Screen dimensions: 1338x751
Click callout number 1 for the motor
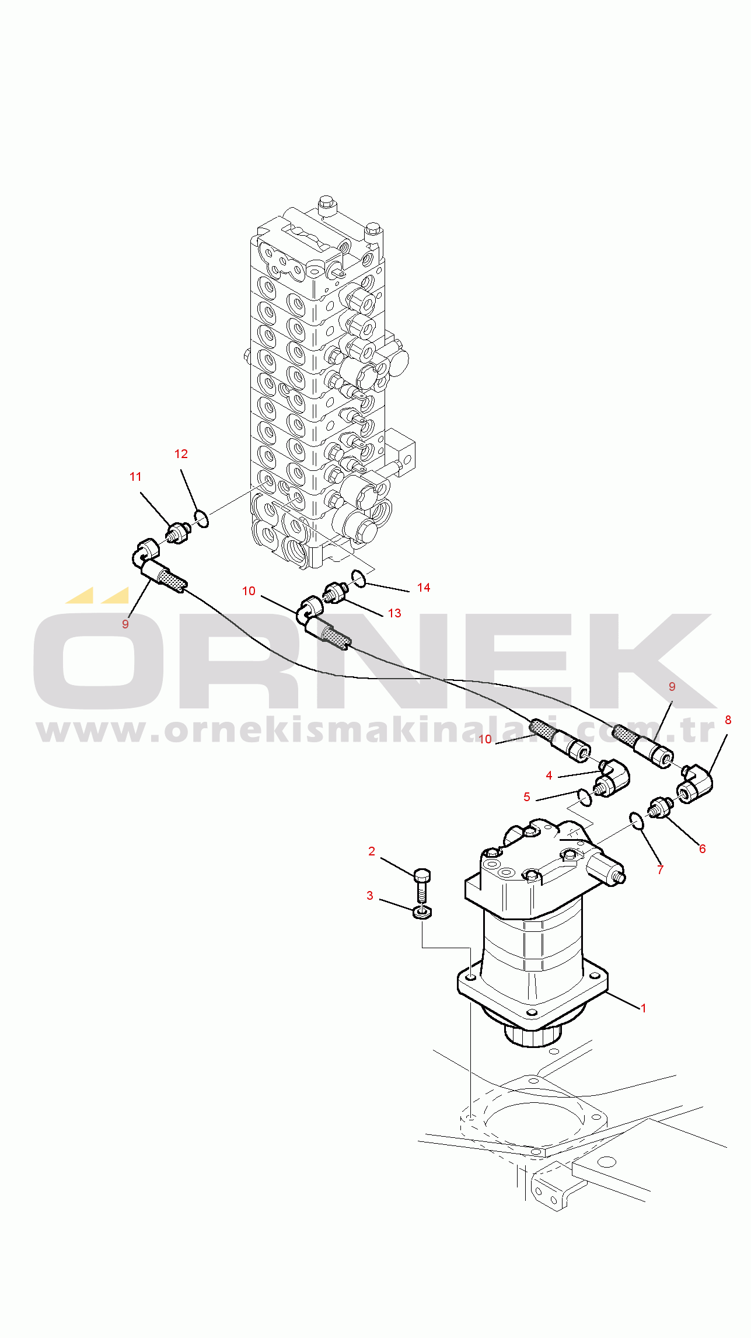click(x=643, y=1008)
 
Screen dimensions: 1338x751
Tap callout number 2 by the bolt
click(x=372, y=851)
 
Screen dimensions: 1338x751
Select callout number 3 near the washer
click(x=370, y=896)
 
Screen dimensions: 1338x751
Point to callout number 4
click(x=549, y=775)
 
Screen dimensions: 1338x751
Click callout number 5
click(x=527, y=797)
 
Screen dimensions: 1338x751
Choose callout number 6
click(x=703, y=849)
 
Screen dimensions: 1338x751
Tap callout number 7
click(x=661, y=870)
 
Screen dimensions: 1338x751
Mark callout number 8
click(x=728, y=720)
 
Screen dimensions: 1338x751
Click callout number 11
click(x=135, y=477)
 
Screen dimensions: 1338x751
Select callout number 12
click(x=181, y=454)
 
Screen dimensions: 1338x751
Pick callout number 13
click(x=394, y=613)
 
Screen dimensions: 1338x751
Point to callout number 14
click(x=424, y=588)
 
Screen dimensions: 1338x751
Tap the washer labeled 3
click(x=422, y=912)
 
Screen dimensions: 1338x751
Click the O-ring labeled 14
click(x=359, y=579)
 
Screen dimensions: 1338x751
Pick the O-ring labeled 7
click(x=637, y=820)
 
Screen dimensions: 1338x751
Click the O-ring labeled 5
click(x=584, y=797)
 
